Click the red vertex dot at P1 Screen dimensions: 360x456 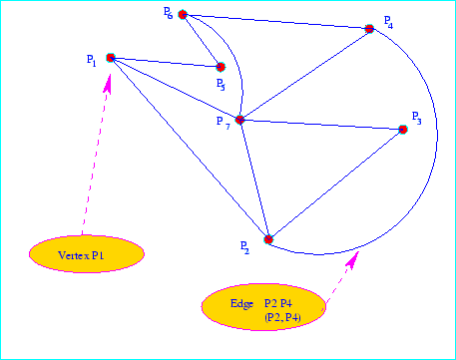pyautogui.click(x=110, y=58)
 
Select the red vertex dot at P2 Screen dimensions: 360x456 pyautogui.click(x=267, y=239)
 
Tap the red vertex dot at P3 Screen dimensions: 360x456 pyautogui.click(x=403, y=129)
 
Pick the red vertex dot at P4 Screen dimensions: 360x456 pyautogui.click(x=369, y=29)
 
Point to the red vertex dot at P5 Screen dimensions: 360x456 pyautogui.click(x=221, y=67)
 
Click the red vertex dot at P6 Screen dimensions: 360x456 pyautogui.click(x=183, y=15)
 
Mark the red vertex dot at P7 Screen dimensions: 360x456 pyautogui.click(x=239, y=120)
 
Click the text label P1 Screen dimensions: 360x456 pyautogui.click(x=91, y=61)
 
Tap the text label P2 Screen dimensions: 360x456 pyautogui.click(x=245, y=245)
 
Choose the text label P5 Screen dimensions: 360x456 pyautogui.click(x=221, y=85)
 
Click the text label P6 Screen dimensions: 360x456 pyautogui.click(x=168, y=12)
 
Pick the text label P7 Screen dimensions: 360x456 pyautogui.click(x=223, y=122)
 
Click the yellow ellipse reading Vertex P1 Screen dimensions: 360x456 pyautogui.click(x=86, y=254)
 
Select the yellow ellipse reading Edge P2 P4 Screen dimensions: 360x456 pyautogui.click(x=264, y=307)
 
